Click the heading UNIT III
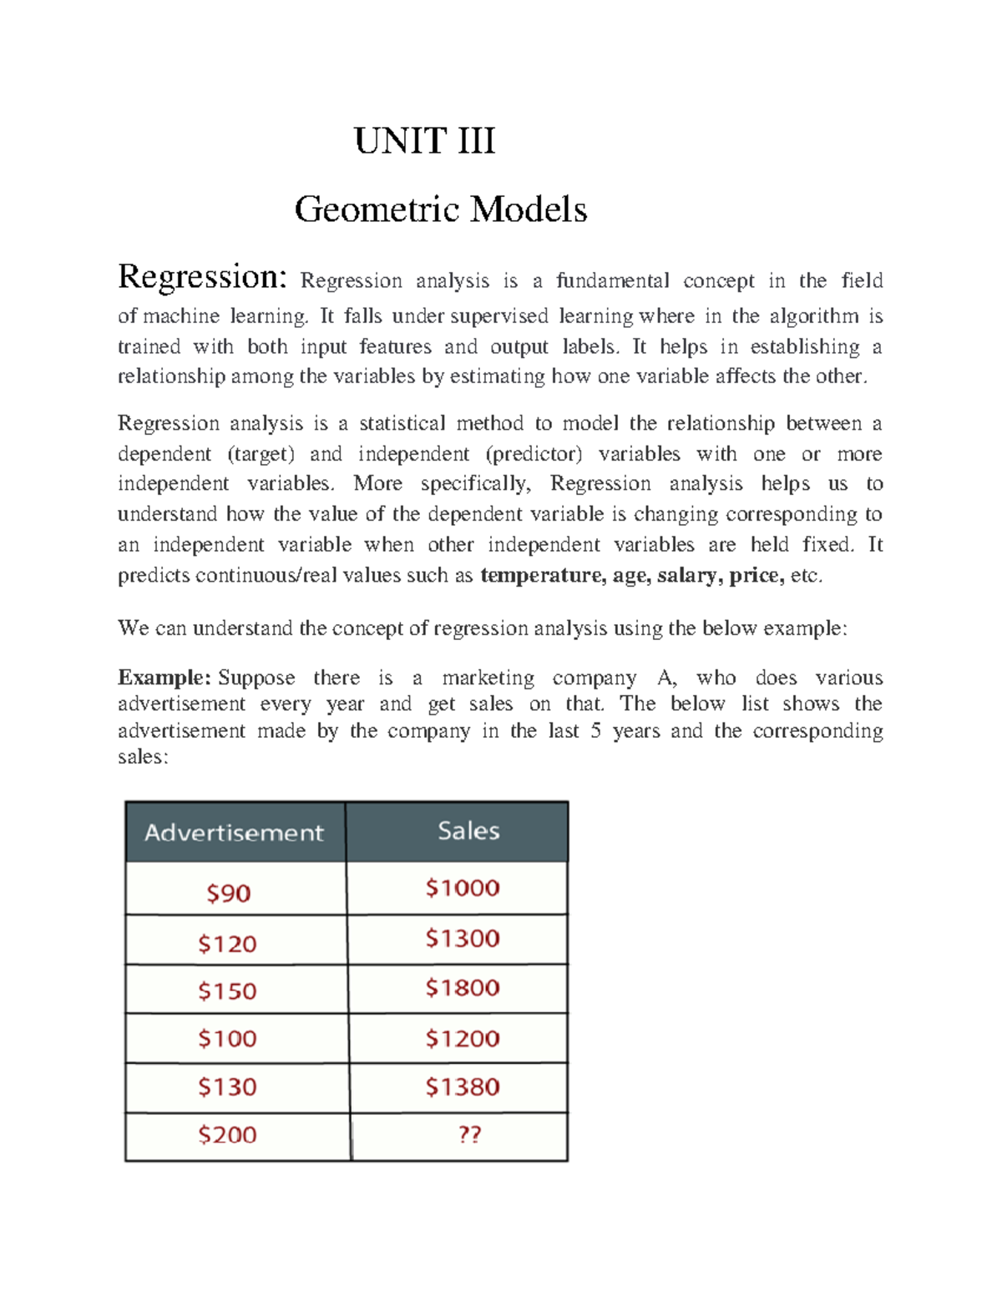click(x=424, y=140)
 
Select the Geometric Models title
click(x=440, y=209)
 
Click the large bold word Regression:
click(x=203, y=276)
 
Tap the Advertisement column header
click(x=234, y=832)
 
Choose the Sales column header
click(x=468, y=830)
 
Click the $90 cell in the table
click(x=229, y=893)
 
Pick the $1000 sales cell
click(x=463, y=887)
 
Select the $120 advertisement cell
click(x=227, y=943)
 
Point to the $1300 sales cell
click(x=463, y=938)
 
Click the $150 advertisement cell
click(x=227, y=991)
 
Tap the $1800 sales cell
click(x=463, y=988)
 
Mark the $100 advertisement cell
click(x=227, y=1038)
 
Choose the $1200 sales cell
click(x=463, y=1038)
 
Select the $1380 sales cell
click(x=463, y=1087)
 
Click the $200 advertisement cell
click(x=227, y=1134)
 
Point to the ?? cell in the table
click(x=469, y=1134)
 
